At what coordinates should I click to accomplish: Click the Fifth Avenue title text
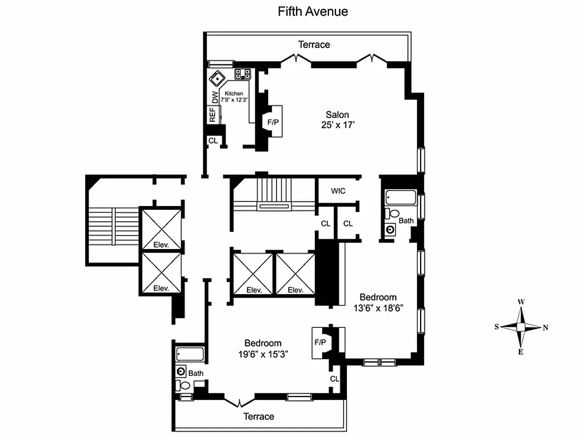point(313,11)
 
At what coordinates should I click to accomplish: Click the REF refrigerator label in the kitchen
point(212,115)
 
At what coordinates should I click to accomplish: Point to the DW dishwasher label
point(215,97)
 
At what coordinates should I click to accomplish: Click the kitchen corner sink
point(217,78)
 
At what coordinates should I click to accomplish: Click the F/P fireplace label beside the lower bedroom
point(320,342)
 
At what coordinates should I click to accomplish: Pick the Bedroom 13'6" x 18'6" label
point(378,302)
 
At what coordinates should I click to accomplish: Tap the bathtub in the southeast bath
point(190,355)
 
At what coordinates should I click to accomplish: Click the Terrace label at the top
point(314,44)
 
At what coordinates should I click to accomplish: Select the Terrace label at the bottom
point(258,416)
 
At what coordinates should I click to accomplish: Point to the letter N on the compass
point(545,327)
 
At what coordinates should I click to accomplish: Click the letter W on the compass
point(521,302)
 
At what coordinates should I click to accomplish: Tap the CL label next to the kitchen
point(213,140)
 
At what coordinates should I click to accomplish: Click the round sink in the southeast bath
point(181,371)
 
